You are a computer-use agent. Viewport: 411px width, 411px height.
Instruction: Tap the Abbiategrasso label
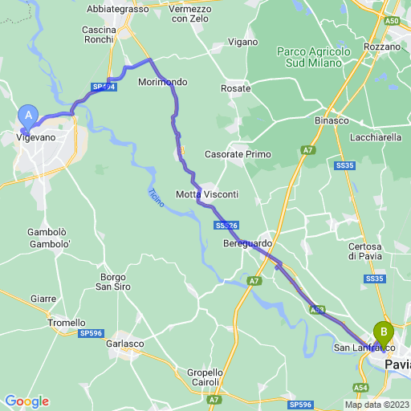117,9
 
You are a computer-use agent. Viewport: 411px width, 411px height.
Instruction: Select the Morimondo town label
162,83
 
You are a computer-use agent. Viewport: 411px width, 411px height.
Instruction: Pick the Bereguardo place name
248,242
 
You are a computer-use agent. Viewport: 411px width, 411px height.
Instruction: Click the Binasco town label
331,120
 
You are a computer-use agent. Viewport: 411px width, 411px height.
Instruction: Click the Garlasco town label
125,343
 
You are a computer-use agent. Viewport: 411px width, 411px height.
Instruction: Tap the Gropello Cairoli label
205,377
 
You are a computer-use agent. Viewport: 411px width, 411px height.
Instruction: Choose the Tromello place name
67,323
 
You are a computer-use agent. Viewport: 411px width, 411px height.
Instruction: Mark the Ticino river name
156,197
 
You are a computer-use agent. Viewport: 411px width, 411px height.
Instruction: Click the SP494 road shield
104,86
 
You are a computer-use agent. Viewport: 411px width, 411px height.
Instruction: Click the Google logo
26,401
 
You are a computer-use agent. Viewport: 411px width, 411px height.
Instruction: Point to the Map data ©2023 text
376,405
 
